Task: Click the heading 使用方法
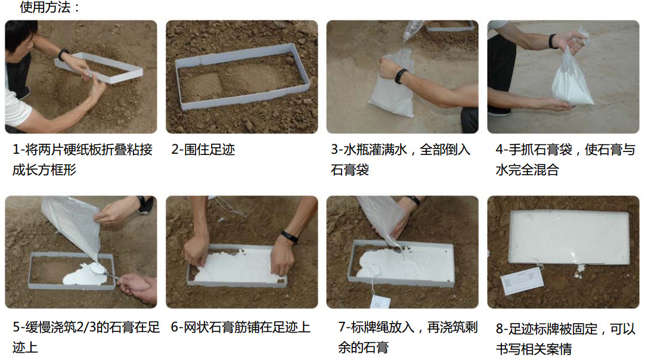pos(49,7)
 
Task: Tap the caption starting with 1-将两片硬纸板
pos(82,159)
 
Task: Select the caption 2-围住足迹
pos(203,150)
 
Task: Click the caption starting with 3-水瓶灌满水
pos(400,159)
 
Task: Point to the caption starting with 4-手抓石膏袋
pos(565,159)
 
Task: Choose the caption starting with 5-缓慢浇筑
pos(86,337)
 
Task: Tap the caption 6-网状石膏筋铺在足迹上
pos(240,327)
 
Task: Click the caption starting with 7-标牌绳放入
pos(408,337)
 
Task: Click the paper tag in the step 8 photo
pos(522,280)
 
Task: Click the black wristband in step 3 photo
pos(400,76)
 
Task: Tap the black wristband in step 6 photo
pos(289,237)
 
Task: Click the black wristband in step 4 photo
pos(553,41)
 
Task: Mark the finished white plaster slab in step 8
pos(569,237)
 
